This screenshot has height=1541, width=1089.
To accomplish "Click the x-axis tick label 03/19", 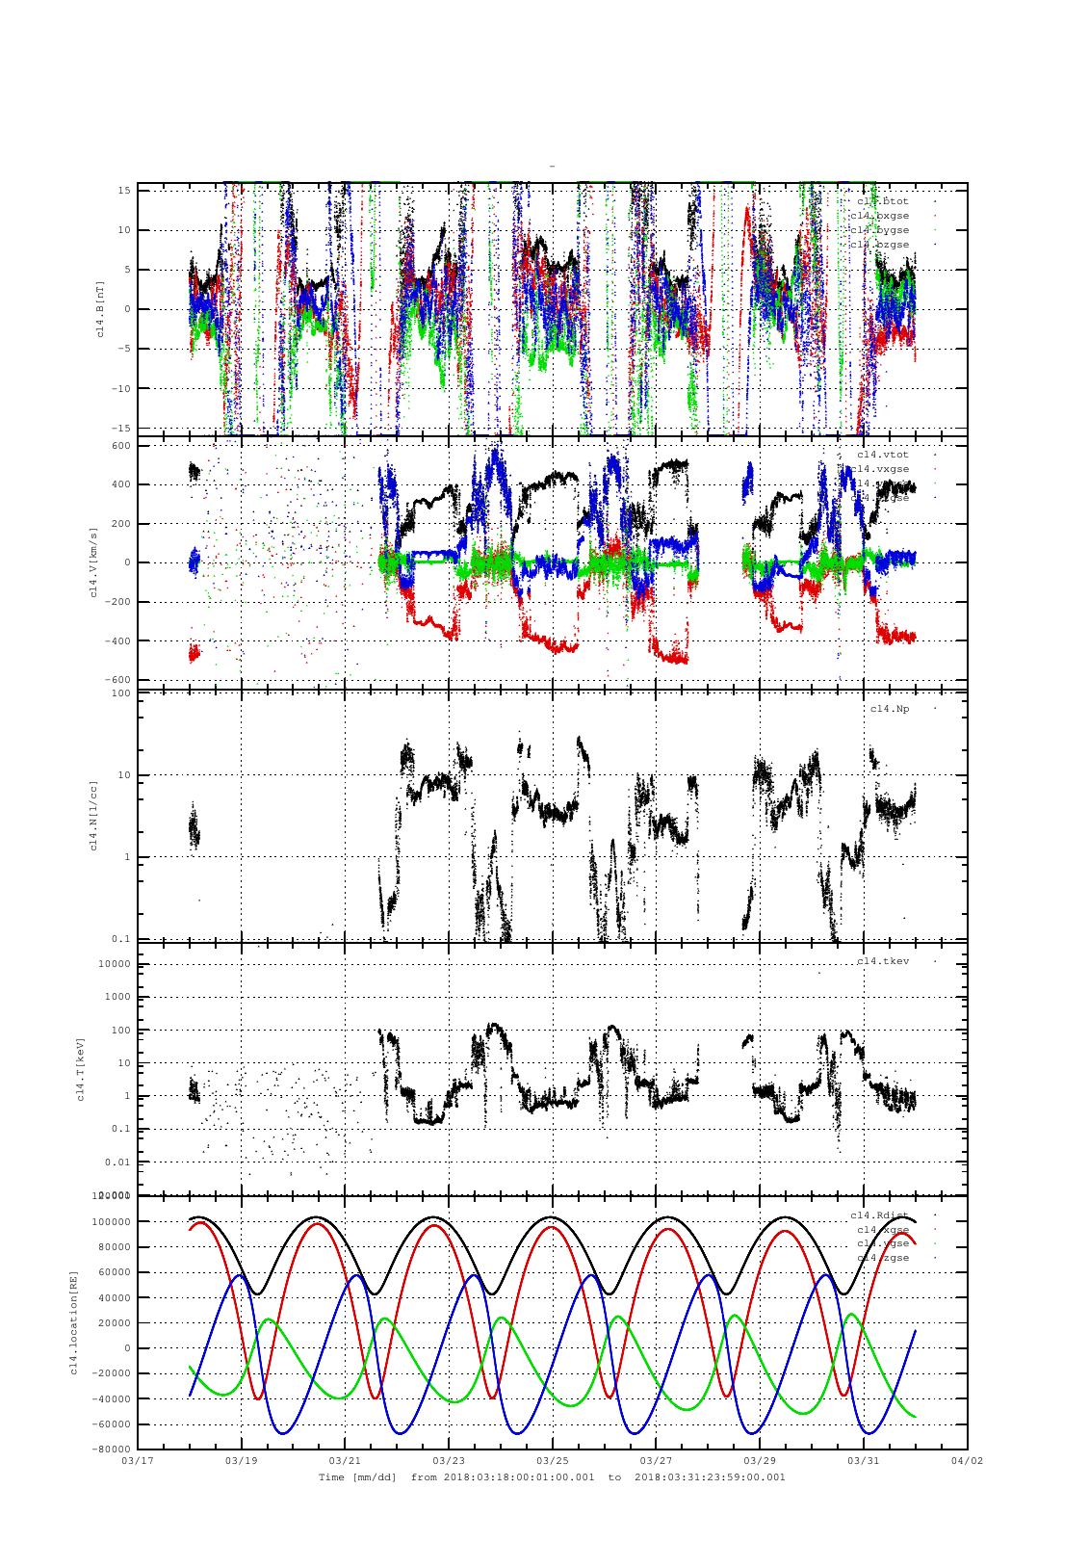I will (241, 1460).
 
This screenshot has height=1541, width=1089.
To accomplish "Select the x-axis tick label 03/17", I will (138, 1460).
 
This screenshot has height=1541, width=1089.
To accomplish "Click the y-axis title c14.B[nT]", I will (99, 308).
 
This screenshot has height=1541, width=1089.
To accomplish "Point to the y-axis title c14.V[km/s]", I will (93, 562).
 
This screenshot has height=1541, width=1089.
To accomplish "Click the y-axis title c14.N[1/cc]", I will (93, 815).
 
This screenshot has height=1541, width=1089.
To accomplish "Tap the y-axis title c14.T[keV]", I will (81, 1068).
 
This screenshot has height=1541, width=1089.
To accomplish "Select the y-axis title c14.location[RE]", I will (74, 1321).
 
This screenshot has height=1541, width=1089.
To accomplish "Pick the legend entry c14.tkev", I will (883, 961).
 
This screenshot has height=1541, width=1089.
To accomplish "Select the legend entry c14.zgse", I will (882, 1258).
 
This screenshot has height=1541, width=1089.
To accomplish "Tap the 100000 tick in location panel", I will (109, 1221).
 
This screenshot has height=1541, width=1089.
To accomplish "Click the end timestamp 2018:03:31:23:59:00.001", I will (710, 1476).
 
